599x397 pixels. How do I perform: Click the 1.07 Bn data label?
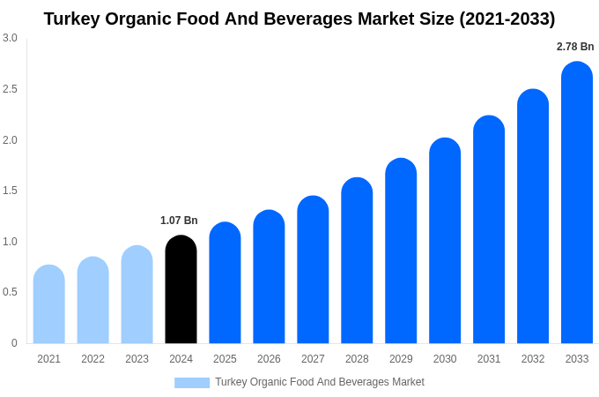pyautogui.click(x=179, y=221)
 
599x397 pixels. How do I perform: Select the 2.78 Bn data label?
pyautogui.click(x=575, y=47)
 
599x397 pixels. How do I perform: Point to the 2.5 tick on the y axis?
pyautogui.click(x=10, y=89)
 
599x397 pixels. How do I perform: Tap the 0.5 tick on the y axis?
pyautogui.click(x=10, y=292)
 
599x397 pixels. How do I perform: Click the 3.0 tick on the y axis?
pyautogui.click(x=10, y=38)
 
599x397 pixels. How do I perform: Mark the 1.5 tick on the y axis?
pyautogui.click(x=10, y=191)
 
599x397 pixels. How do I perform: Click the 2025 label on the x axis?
pyautogui.click(x=225, y=359)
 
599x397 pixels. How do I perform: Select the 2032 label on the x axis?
pyautogui.click(x=533, y=359)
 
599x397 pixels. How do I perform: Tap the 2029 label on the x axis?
pyautogui.click(x=401, y=359)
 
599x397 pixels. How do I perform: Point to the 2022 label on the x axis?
pyautogui.click(x=92, y=359)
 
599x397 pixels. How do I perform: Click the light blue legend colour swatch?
pyautogui.click(x=192, y=383)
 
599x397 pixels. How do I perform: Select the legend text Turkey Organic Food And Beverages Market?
pyautogui.click(x=320, y=382)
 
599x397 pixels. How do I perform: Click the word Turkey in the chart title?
pyautogui.click(x=73, y=19)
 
